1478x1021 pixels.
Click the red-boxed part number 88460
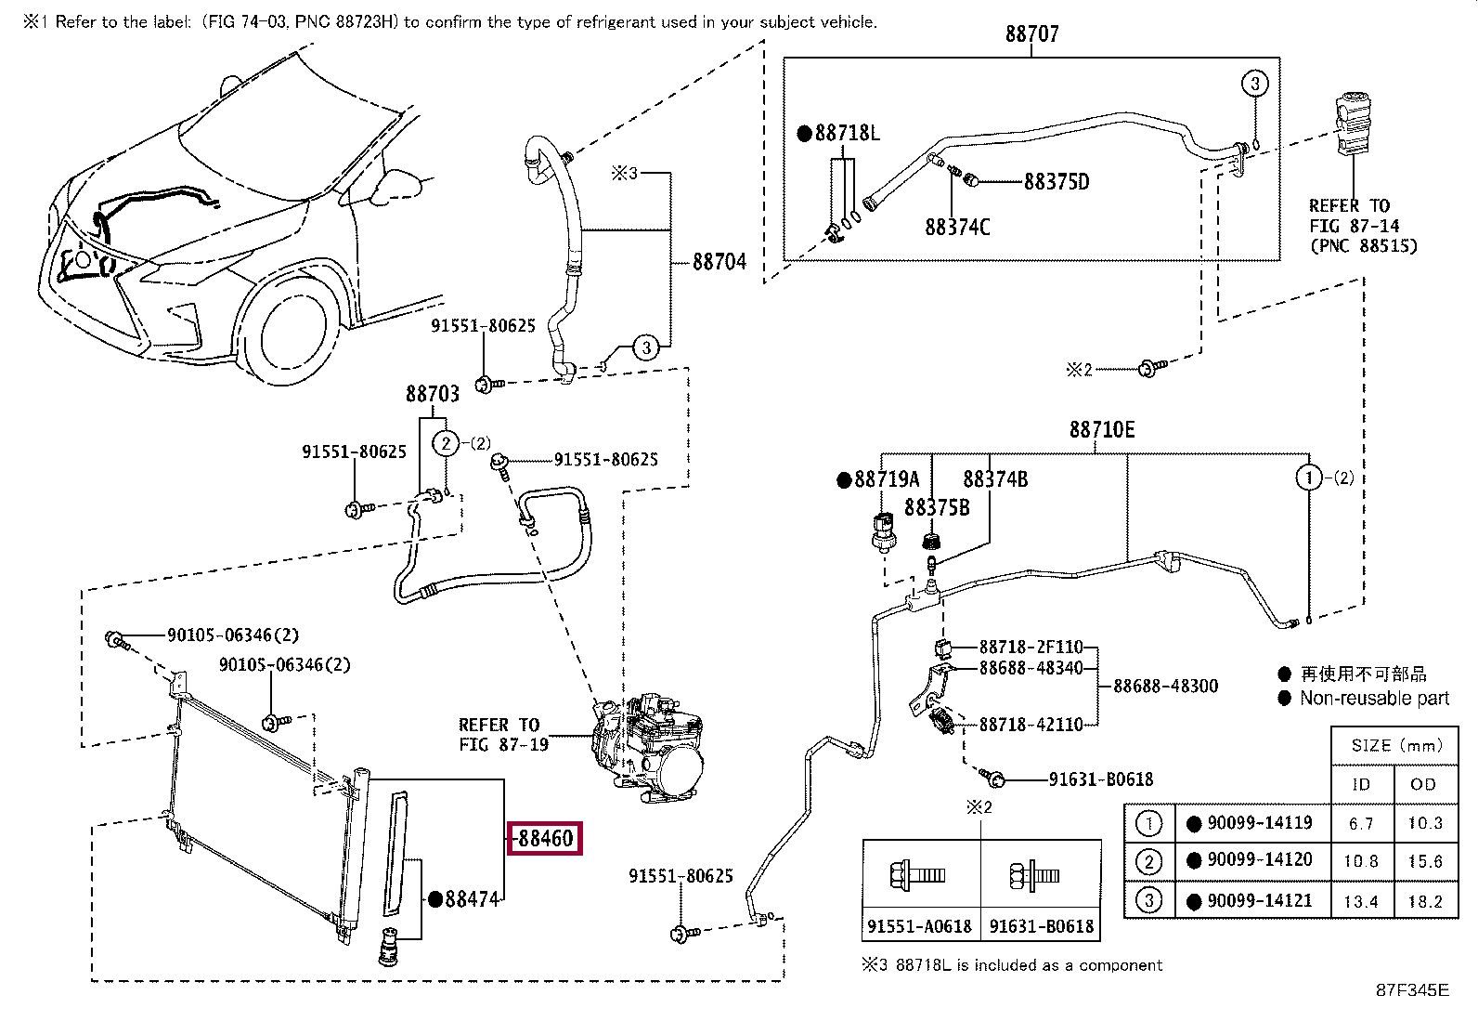pyautogui.click(x=545, y=838)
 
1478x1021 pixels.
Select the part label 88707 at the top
pyautogui.click(x=1032, y=33)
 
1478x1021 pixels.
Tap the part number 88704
pyautogui.click(x=720, y=262)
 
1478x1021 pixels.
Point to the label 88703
pyautogui.click(x=433, y=394)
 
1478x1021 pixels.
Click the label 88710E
pyautogui.click(x=1102, y=430)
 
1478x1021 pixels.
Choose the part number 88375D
pyautogui.click(x=1057, y=181)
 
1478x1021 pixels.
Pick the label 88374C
pyautogui.click(x=957, y=228)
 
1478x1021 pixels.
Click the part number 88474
pyautogui.click(x=472, y=898)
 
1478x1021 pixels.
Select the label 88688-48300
pyautogui.click(x=1165, y=687)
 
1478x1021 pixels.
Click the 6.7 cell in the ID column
pyautogui.click(x=1361, y=823)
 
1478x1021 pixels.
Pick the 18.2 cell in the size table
pyautogui.click(x=1425, y=901)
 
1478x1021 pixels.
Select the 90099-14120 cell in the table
pyautogui.click(x=1260, y=860)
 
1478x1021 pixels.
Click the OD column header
pyautogui.click(x=1423, y=784)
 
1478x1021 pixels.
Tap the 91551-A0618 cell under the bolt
pyautogui.click(x=919, y=926)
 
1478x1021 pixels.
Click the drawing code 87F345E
pyautogui.click(x=1413, y=990)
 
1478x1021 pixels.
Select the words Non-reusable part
pyautogui.click(x=1374, y=698)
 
